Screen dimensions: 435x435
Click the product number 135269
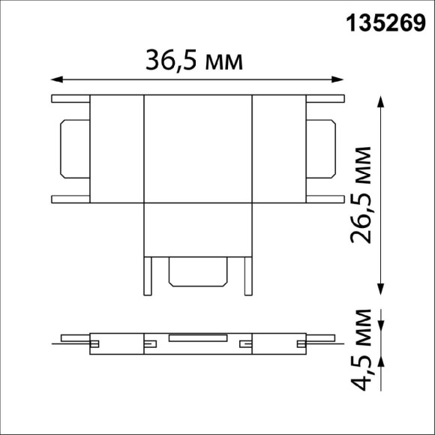pyautogui.click(x=385, y=23)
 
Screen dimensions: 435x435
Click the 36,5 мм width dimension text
pyautogui.click(x=196, y=60)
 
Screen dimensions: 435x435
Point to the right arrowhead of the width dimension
pyautogui.click(x=339, y=78)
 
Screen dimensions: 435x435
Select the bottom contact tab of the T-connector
pyautogui.click(x=198, y=271)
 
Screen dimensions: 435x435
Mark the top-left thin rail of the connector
pyautogui.click(x=70, y=98)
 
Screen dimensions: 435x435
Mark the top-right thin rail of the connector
pyautogui.click(x=325, y=98)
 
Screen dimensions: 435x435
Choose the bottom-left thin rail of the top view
pyautogui.click(x=70, y=199)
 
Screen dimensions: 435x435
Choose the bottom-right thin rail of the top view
pyautogui.click(x=325, y=199)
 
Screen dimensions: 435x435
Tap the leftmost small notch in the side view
pyautogui.click(x=94, y=344)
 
